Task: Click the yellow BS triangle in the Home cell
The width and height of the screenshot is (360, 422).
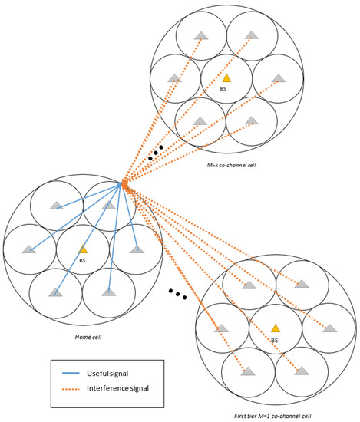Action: [x=83, y=249]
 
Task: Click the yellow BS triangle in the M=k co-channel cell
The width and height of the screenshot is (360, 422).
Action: [x=226, y=77]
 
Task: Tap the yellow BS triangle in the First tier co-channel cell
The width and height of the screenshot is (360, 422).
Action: [x=274, y=328]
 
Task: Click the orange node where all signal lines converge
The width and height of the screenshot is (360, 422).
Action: [x=123, y=183]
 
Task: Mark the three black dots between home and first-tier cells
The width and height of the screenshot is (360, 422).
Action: [x=177, y=294]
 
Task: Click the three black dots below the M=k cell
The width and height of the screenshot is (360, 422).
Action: [x=156, y=153]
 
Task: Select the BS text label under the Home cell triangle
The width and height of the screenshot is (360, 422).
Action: [x=83, y=259]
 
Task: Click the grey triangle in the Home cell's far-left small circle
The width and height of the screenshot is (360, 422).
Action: [x=29, y=249]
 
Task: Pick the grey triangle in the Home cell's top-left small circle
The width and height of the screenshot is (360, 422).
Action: [x=55, y=205]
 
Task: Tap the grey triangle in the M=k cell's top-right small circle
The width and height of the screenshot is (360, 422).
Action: [x=251, y=35]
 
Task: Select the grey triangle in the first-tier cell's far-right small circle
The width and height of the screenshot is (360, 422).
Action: [x=329, y=328]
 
